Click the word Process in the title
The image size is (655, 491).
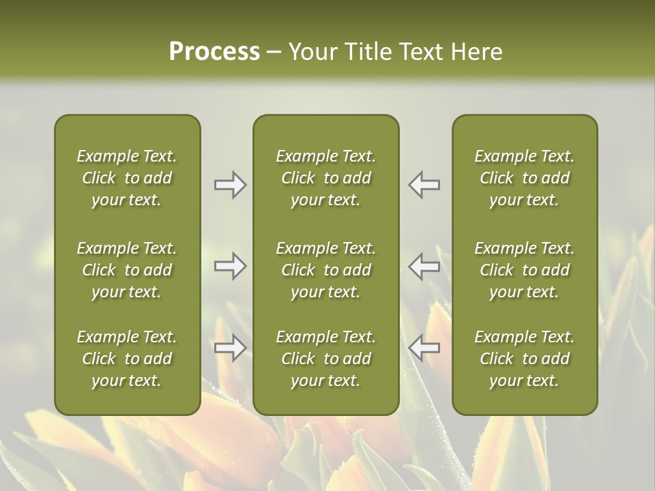pos(214,52)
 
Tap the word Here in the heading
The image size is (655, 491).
pos(477,52)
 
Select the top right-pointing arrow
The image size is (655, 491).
pos(231,185)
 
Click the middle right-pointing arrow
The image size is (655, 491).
pos(231,266)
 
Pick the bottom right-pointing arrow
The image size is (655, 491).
pos(231,348)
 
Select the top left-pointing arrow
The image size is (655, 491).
pos(424,185)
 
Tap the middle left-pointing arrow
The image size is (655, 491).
pos(424,266)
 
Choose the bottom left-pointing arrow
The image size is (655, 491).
pos(424,348)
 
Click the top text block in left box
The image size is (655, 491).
pos(127,178)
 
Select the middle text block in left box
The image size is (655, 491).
pos(127,270)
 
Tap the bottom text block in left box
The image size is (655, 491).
pos(127,359)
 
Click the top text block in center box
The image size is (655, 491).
pos(325,178)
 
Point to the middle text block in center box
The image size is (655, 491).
pos(325,270)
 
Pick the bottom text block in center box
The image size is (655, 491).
pos(325,359)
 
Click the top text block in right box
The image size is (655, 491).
pos(525,178)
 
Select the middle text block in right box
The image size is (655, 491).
pos(525,270)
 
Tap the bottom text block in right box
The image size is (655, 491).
pos(525,359)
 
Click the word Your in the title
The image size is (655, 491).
pos(312,52)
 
